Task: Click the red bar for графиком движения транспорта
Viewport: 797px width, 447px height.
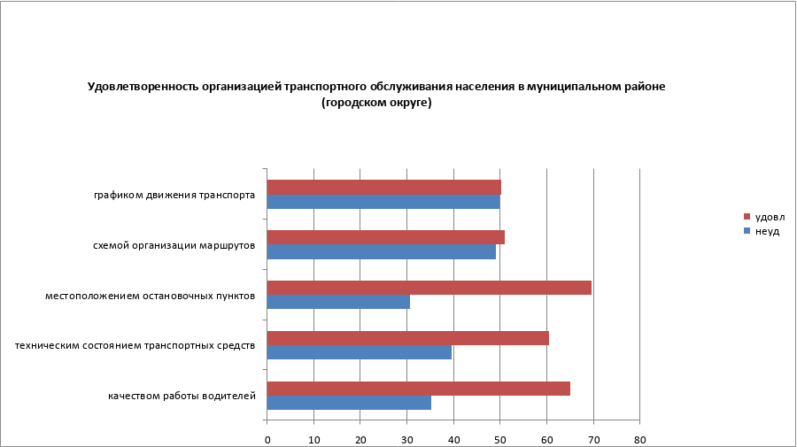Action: click(x=383, y=188)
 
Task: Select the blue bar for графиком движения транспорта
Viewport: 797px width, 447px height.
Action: click(x=383, y=202)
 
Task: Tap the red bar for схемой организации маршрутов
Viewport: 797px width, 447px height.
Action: click(x=385, y=237)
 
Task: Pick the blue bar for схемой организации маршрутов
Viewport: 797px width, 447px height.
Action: click(x=381, y=251)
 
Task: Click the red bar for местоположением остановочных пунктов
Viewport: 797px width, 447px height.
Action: click(x=429, y=288)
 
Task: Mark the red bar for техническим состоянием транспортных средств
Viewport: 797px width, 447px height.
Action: click(x=407, y=338)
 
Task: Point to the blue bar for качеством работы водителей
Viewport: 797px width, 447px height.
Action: click(x=349, y=403)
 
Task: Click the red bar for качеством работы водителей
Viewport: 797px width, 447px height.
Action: click(x=418, y=389)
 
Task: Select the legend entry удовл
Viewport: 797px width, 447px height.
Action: click(x=770, y=217)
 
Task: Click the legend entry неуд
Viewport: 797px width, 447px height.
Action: click(x=767, y=230)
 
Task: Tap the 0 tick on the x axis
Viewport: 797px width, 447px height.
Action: click(x=267, y=439)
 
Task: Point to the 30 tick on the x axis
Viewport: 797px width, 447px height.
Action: click(x=407, y=439)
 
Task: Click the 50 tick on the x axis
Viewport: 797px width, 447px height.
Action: click(x=500, y=439)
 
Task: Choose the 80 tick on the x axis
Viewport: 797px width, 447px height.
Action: click(x=640, y=439)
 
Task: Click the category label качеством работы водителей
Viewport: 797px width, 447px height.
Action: click(x=182, y=396)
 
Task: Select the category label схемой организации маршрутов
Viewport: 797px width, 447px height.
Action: click(x=174, y=245)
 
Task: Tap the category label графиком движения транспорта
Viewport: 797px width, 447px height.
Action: click(x=175, y=195)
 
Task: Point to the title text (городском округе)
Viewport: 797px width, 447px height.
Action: click(x=376, y=103)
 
